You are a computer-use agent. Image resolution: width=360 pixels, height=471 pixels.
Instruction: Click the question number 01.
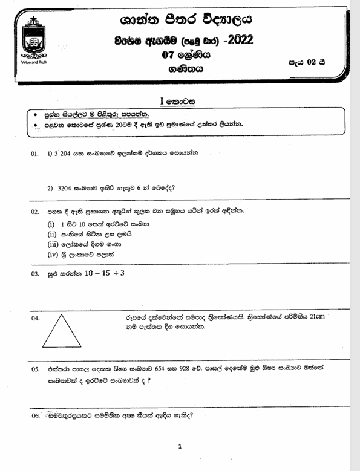pos(34,154)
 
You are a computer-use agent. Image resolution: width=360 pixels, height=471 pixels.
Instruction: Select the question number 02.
pos(34,212)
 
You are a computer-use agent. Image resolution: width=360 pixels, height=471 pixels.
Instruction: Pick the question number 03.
pos(34,274)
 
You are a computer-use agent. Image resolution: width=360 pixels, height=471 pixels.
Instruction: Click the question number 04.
pos(34,317)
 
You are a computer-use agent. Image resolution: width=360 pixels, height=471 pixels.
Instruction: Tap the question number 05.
pos(34,368)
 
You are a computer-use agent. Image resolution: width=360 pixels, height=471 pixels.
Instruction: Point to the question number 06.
pos(34,416)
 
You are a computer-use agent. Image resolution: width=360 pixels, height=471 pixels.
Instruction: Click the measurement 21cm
pos(335,316)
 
